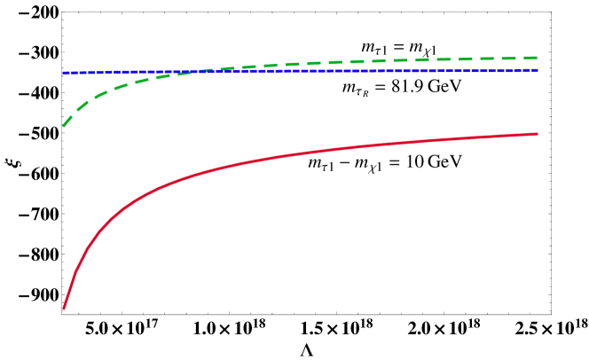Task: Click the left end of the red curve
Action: coord(64,308)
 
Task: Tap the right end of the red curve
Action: coord(538,134)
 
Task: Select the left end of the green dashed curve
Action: coord(64,126)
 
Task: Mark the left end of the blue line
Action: coord(64,73)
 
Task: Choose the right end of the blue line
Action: coord(538,70)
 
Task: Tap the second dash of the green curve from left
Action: coord(82,106)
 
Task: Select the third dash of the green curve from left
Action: coord(99,93)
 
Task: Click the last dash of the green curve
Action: coord(530,58)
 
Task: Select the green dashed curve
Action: coord(355,62)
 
